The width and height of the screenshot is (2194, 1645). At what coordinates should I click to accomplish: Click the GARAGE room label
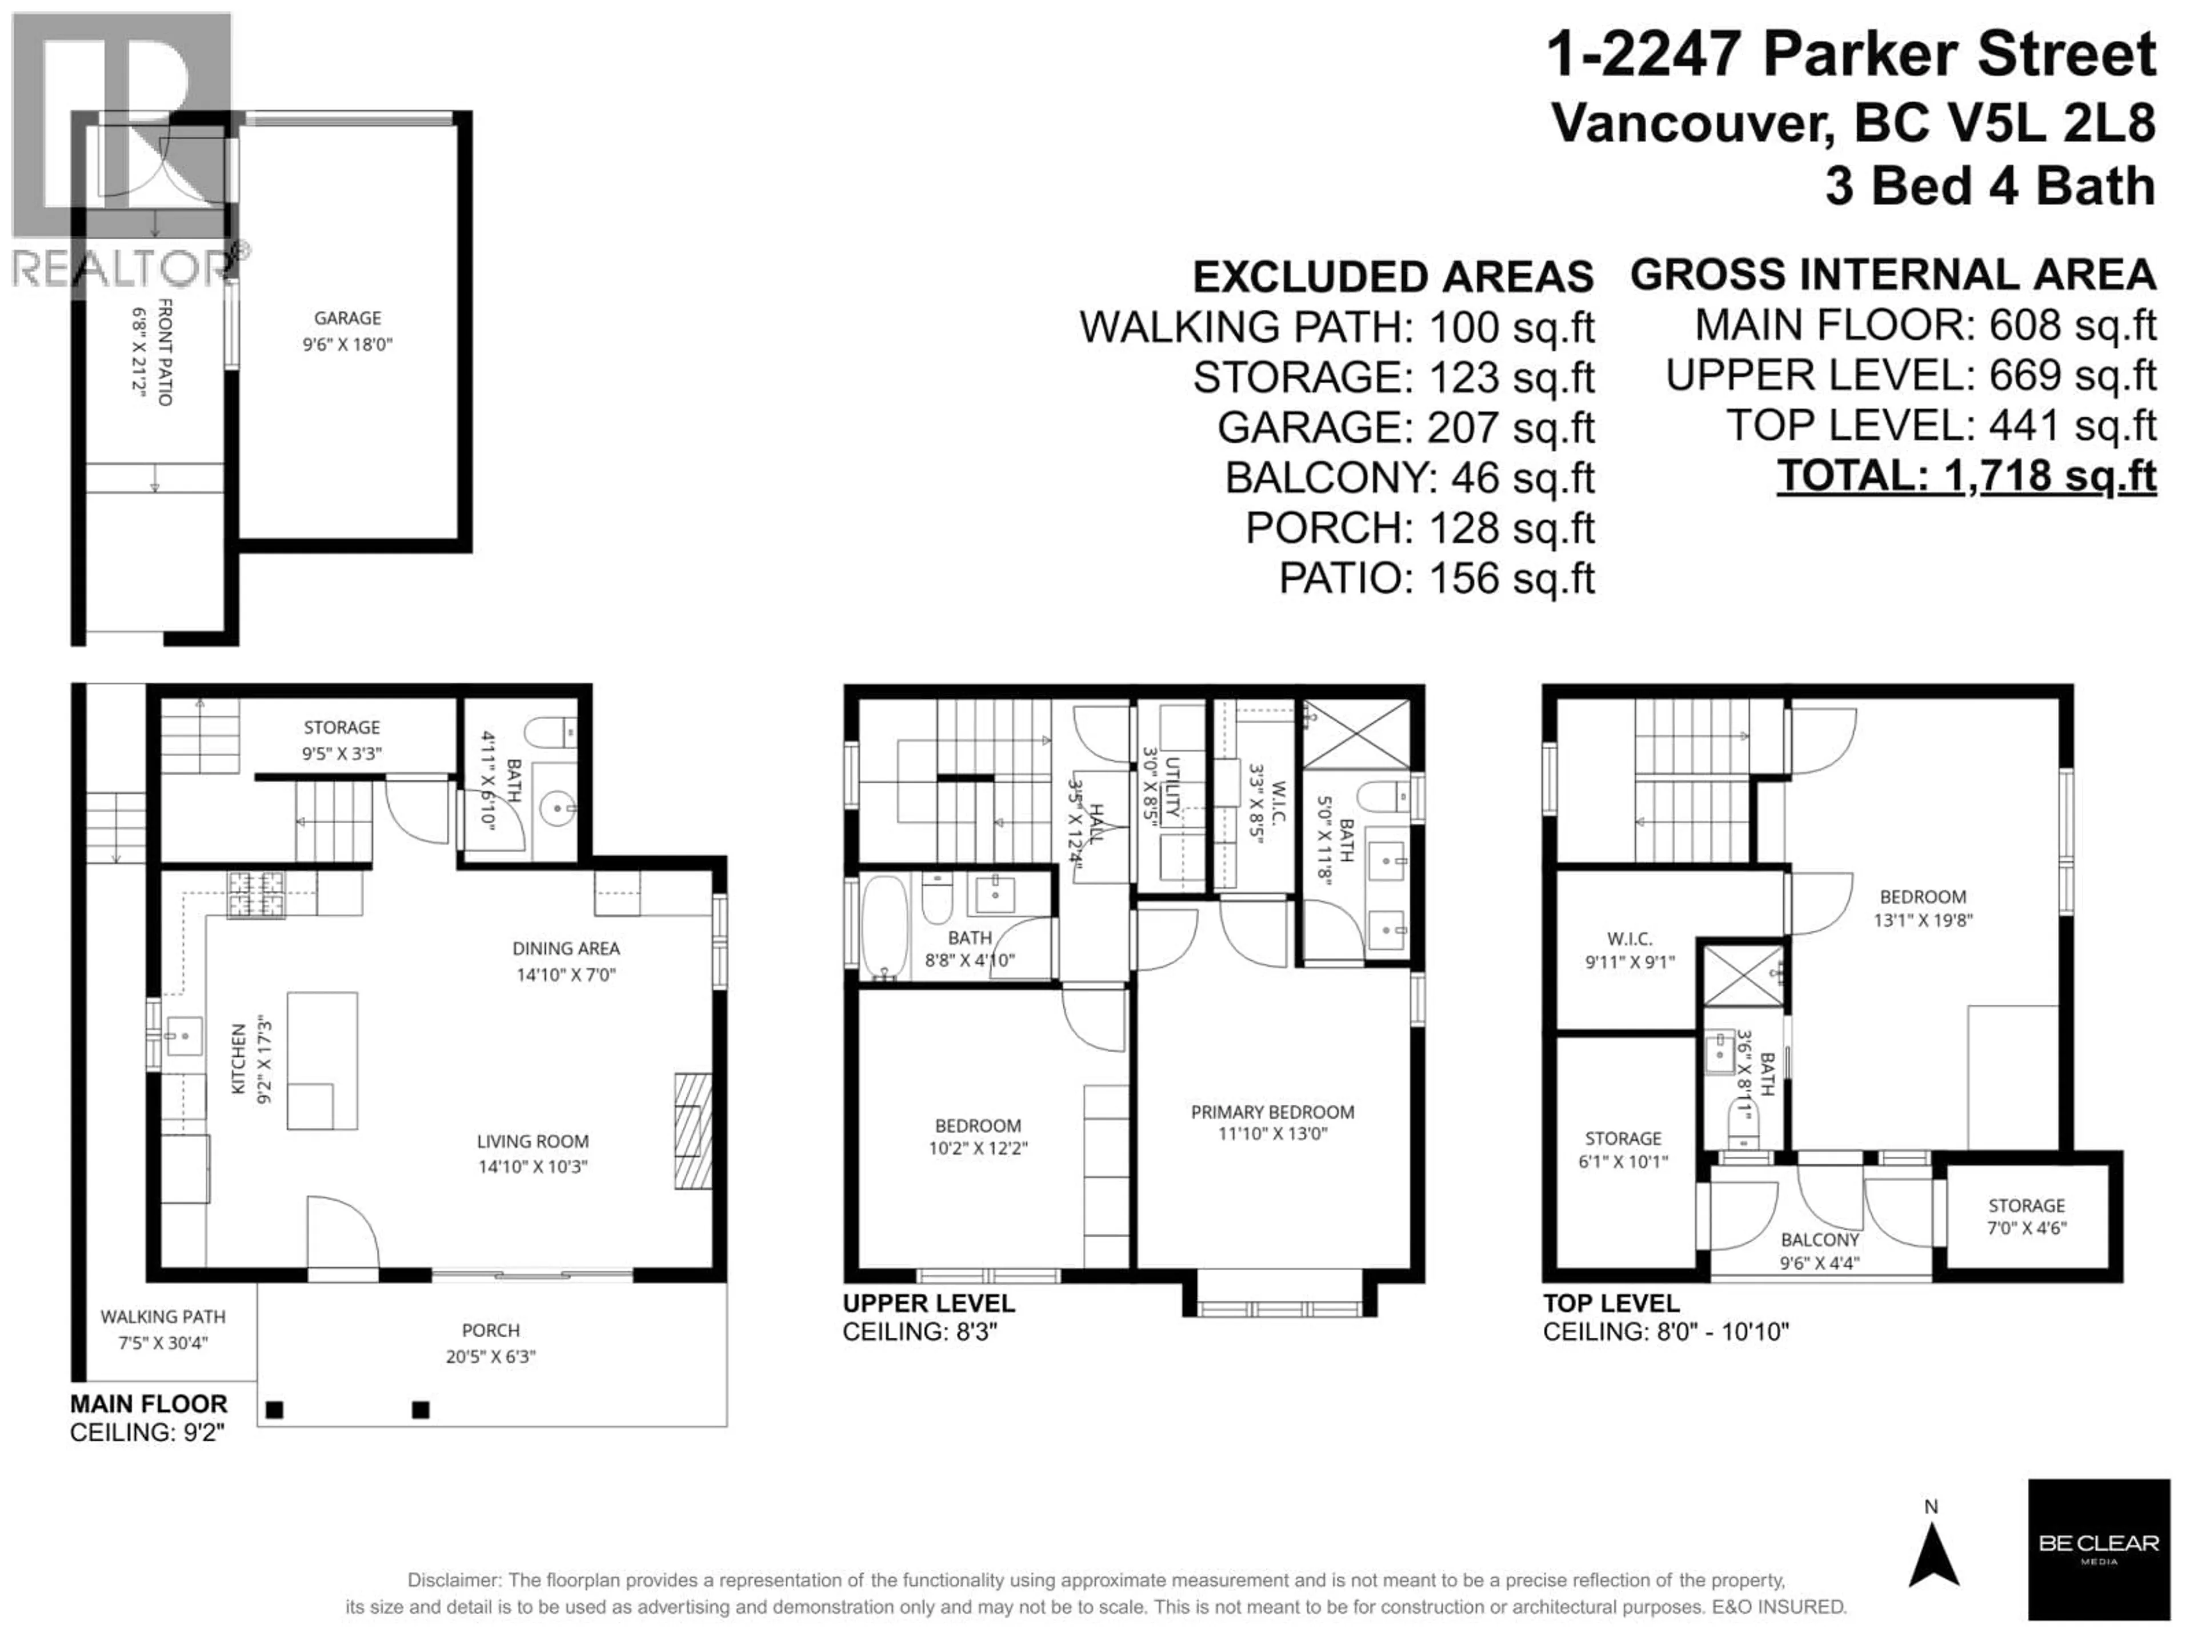tap(347, 318)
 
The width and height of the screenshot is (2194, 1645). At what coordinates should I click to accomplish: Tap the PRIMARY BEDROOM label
tap(1272, 1113)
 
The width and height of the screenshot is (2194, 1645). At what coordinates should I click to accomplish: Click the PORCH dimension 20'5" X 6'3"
tap(490, 1357)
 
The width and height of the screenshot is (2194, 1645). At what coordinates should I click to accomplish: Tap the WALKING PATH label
tap(163, 1317)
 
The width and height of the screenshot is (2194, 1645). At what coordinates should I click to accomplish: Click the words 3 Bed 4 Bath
tap(1989, 186)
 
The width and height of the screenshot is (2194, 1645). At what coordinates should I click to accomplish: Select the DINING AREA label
tap(566, 949)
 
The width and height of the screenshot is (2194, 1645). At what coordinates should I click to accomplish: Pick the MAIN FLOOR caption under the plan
tap(149, 1404)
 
